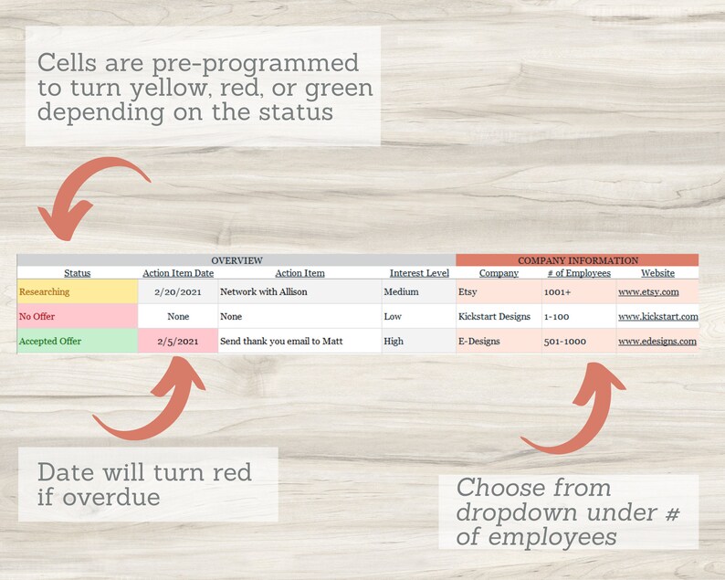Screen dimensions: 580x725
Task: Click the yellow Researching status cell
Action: click(77, 292)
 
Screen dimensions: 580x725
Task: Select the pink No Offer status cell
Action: click(77, 317)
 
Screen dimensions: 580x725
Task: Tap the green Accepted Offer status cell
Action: click(77, 342)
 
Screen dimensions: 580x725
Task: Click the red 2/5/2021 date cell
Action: click(178, 342)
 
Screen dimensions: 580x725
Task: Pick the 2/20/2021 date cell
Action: click(178, 292)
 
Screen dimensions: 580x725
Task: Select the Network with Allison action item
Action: click(264, 292)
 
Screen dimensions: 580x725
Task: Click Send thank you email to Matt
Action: click(281, 342)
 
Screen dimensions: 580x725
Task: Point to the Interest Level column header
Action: click(418, 273)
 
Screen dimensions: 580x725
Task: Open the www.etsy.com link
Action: click(648, 292)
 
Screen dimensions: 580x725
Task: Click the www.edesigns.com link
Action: click(657, 342)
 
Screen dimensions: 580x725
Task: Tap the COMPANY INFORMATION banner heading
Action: click(577, 260)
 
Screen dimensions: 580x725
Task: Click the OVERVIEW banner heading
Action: click(236, 260)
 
